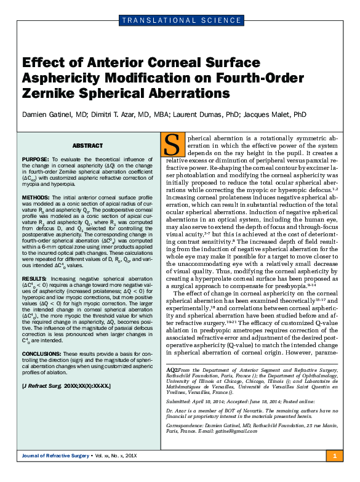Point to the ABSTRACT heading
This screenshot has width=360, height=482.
click(x=87, y=146)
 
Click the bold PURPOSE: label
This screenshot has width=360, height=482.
click(x=36, y=158)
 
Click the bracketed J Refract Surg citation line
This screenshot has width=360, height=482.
click(x=66, y=385)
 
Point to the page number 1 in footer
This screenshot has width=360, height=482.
click(x=334, y=472)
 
